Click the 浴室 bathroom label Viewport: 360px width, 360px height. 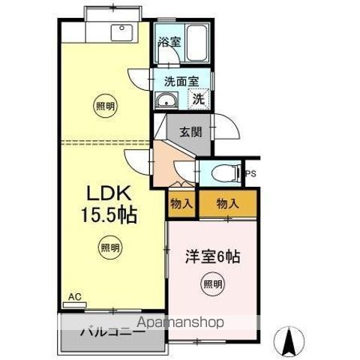[169, 43]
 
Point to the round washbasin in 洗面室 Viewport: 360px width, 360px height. [166, 100]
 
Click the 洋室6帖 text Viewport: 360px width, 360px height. [213, 256]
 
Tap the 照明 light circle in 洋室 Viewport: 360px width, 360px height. [212, 283]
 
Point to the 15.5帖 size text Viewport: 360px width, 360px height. [108, 216]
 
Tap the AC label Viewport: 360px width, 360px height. [73, 298]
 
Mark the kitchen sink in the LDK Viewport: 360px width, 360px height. [121, 32]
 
